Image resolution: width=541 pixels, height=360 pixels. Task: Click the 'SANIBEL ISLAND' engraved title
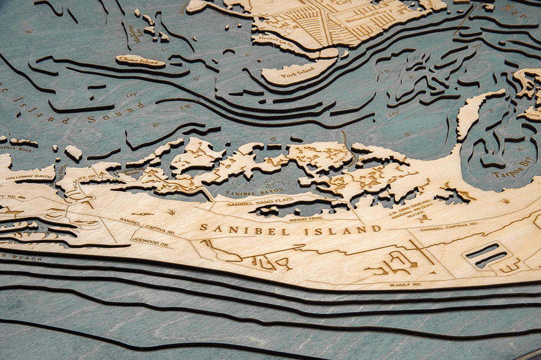(x=291, y=230)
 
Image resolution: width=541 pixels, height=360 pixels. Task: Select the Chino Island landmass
(x=140, y=61)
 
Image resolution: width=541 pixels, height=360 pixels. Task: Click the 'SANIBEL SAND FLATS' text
(x=255, y=203)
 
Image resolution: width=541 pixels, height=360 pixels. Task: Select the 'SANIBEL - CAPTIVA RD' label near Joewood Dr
(x=147, y=226)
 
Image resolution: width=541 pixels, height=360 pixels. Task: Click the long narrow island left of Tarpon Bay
(x=476, y=111)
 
